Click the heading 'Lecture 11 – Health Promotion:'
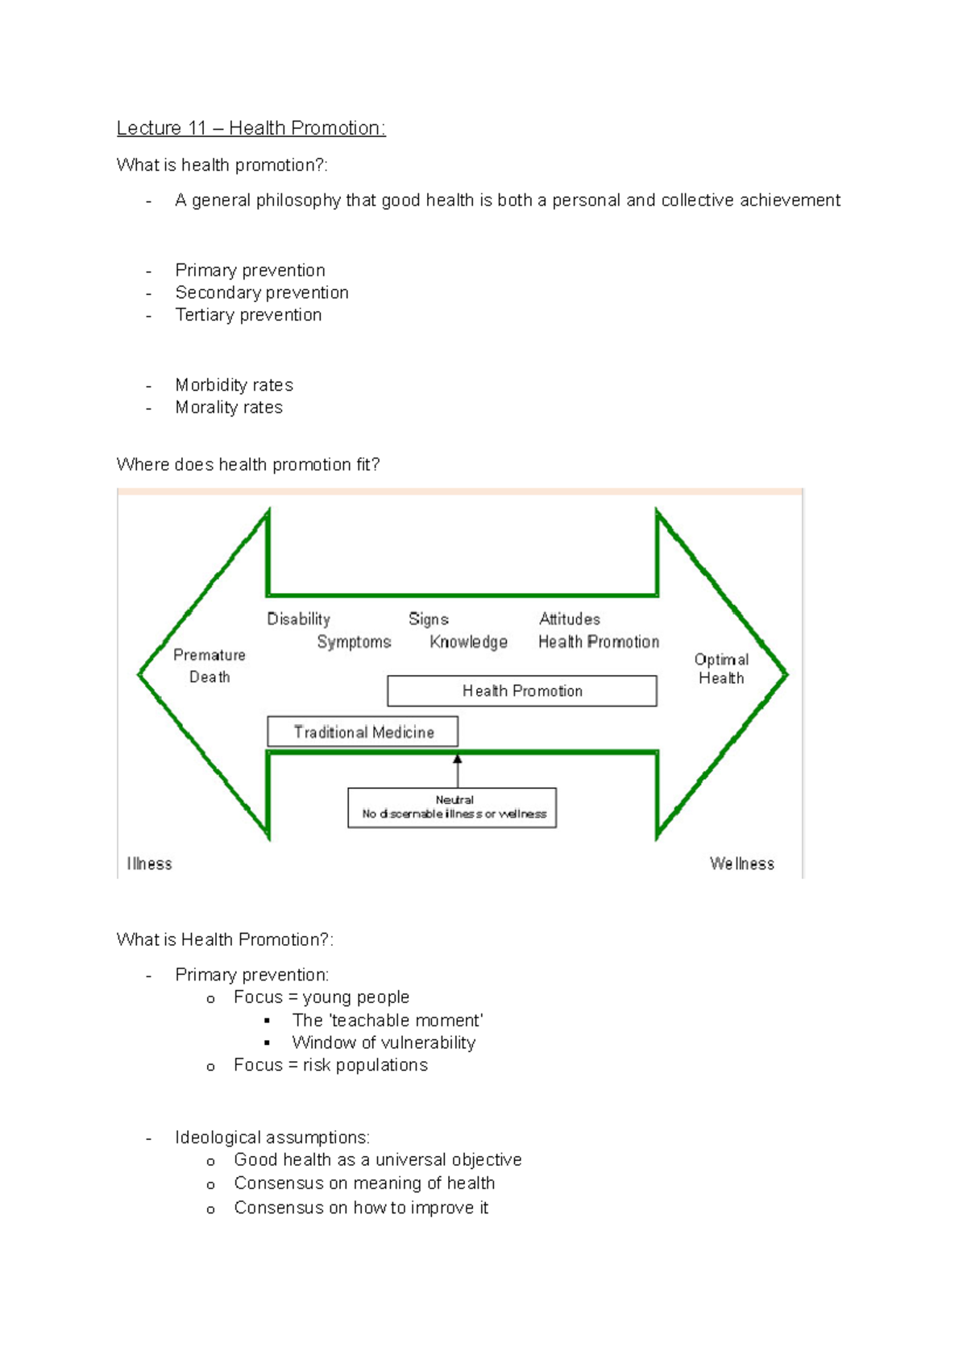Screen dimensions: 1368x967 [x=251, y=128]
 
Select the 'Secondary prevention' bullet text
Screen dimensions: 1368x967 [x=262, y=292]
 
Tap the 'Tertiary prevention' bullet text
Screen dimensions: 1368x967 [x=248, y=315]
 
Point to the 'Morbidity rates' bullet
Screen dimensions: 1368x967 [x=234, y=385]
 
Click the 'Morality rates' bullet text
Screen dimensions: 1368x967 [x=229, y=408]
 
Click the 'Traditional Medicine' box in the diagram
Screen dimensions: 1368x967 [x=363, y=732]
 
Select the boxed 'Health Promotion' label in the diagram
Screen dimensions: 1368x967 [x=522, y=690]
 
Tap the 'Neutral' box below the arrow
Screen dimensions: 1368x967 [x=452, y=807]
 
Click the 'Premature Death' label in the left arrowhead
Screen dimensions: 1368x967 [x=210, y=665]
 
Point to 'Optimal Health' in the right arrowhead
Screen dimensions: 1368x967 [x=721, y=669]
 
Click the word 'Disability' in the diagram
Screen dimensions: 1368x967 [x=298, y=619]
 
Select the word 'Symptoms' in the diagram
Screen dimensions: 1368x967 [x=354, y=642]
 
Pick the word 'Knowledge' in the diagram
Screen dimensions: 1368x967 [x=468, y=642]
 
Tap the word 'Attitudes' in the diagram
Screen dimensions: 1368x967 [x=570, y=619]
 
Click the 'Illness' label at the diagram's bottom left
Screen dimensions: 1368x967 [x=149, y=864]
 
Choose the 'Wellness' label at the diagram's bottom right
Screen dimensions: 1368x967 [x=741, y=864]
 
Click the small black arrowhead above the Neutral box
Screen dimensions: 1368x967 [x=458, y=759]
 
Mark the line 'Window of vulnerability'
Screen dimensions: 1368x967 [x=384, y=1043]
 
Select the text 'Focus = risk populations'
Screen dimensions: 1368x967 [x=330, y=1065]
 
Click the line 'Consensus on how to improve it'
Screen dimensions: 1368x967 [x=361, y=1208]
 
